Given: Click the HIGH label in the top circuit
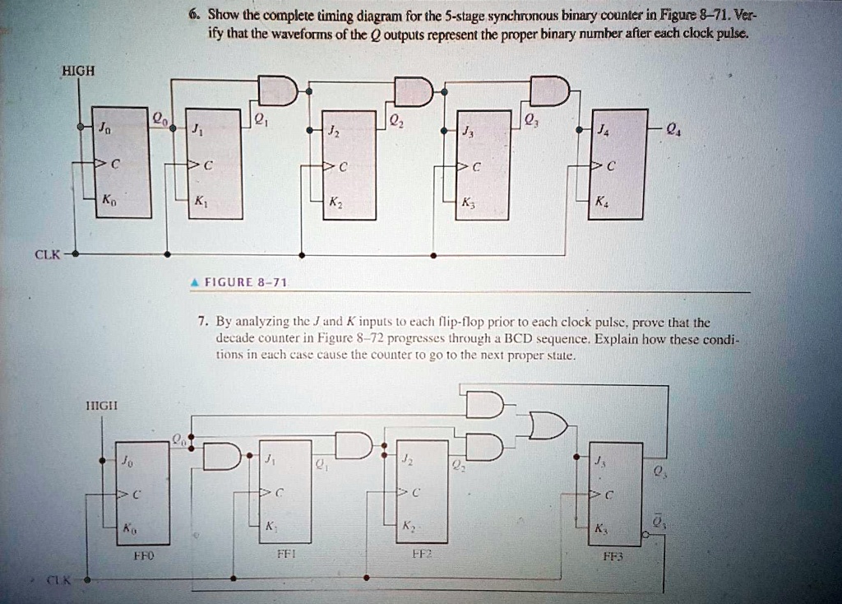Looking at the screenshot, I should pos(79,71).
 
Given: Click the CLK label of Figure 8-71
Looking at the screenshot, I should pos(47,254).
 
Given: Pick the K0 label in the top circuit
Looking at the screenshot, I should pos(107,200).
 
